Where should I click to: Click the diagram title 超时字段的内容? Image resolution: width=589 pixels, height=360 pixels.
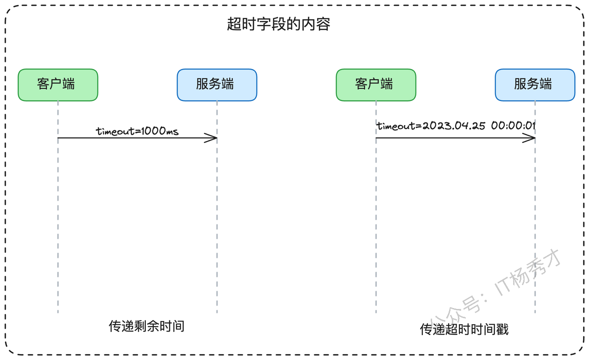pos(278,24)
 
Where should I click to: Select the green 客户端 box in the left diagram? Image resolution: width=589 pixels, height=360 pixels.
pos(58,85)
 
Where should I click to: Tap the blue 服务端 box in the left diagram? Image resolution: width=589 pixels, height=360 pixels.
pos(217,85)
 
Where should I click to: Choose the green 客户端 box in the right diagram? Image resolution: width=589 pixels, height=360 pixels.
pos(376,85)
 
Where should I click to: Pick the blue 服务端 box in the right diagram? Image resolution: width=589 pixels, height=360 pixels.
pos(535,85)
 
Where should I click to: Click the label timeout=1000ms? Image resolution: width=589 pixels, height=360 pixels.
pos(137,131)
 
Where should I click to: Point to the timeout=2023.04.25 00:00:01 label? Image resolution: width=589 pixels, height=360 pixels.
pos(456,126)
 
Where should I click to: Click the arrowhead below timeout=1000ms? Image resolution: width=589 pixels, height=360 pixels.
pos(211,138)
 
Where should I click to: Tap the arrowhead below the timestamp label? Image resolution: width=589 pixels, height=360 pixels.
pos(529,138)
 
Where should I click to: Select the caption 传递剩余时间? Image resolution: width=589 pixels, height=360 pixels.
pos(146,326)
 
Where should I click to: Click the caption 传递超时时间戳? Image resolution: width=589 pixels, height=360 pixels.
pos(464,329)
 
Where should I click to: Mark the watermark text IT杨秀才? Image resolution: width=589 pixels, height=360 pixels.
pos(527,273)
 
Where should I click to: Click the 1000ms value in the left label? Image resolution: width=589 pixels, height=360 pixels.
pos(160,131)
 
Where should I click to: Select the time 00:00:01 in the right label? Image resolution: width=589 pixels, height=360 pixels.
pos(514,126)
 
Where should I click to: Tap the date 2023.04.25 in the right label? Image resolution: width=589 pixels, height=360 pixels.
pos(454,126)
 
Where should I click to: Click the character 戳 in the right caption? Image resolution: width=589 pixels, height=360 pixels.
pos(502,329)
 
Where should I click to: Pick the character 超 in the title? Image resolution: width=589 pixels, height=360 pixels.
pos(234,24)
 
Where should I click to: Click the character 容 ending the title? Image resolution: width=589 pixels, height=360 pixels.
pos(323,24)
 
